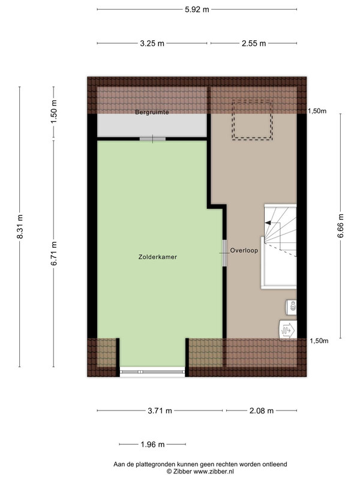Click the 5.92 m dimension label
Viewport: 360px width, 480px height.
click(x=197, y=10)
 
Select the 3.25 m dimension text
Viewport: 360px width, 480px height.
click(x=152, y=43)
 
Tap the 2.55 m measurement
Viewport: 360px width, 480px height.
click(x=254, y=43)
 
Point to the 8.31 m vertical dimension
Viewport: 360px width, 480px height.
click(x=20, y=227)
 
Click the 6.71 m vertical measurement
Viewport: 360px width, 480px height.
click(x=54, y=253)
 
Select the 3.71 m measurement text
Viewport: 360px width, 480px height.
click(x=160, y=411)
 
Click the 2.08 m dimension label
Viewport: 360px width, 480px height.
click(x=262, y=411)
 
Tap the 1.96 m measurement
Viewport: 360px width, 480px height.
click(x=152, y=445)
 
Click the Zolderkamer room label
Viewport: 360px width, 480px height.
click(x=158, y=257)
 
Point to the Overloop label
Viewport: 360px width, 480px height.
click(x=244, y=250)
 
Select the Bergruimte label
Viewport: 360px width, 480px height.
click(x=152, y=112)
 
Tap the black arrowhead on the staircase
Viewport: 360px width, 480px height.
click(x=268, y=223)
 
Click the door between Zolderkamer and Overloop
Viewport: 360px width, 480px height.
click(x=224, y=253)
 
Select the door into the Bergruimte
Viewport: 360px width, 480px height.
click(x=152, y=139)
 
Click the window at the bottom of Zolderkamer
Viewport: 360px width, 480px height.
click(x=152, y=372)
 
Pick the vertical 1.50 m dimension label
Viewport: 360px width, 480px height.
click(x=54, y=112)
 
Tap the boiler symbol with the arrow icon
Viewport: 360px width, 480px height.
click(x=288, y=330)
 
